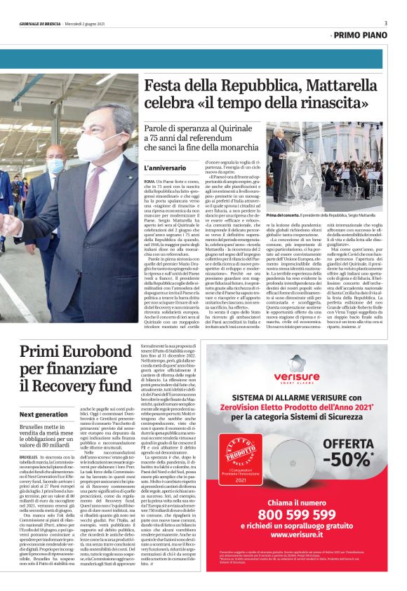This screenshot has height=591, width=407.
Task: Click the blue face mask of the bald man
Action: (x=56, y=165)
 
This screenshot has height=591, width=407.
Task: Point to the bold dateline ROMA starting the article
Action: (x=149, y=182)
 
